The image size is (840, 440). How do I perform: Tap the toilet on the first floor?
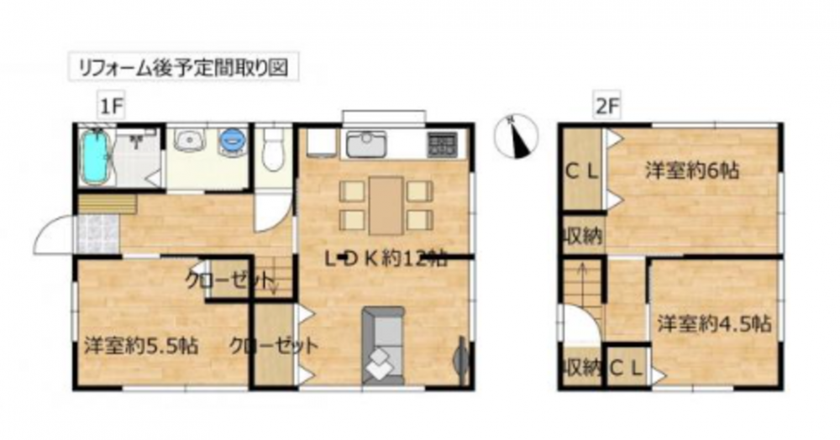click(x=273, y=149)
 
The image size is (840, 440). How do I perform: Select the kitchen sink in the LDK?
click(x=366, y=144)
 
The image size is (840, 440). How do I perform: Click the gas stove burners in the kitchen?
click(x=442, y=144)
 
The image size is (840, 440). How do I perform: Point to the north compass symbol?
click(x=516, y=137)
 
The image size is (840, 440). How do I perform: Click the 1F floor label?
click(x=111, y=107)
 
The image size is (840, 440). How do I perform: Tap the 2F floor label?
click(x=607, y=107)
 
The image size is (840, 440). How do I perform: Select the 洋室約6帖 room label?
click(x=692, y=170)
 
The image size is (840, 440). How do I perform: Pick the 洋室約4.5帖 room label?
click(x=714, y=324)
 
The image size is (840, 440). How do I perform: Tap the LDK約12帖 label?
click(x=386, y=259)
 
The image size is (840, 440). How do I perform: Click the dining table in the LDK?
click(x=386, y=206)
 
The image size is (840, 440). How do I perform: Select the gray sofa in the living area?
click(x=382, y=345)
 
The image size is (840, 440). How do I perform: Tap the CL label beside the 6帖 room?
click(x=582, y=171)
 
